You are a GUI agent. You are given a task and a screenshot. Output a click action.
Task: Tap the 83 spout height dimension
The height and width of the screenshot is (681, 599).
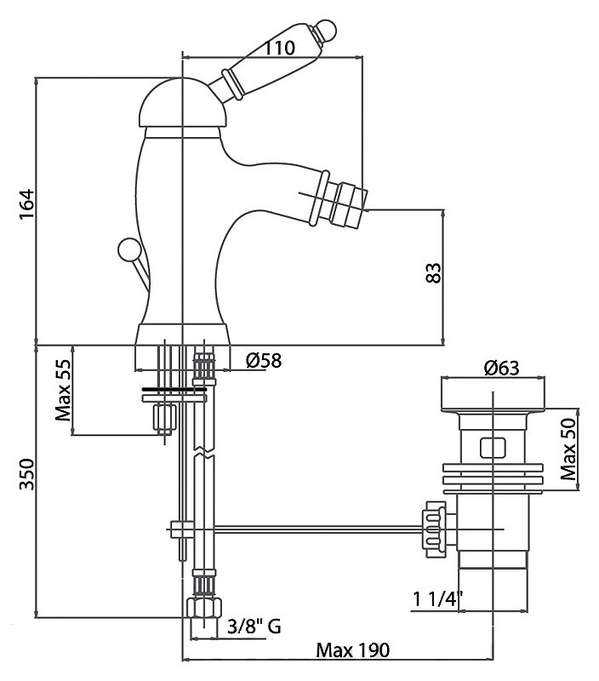432,273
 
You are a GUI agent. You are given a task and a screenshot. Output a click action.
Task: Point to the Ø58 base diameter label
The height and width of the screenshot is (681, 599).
263,361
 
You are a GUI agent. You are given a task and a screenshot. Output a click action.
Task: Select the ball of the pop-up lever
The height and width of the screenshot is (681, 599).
128,249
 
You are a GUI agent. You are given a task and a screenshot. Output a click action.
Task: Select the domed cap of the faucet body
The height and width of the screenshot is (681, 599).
180,106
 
